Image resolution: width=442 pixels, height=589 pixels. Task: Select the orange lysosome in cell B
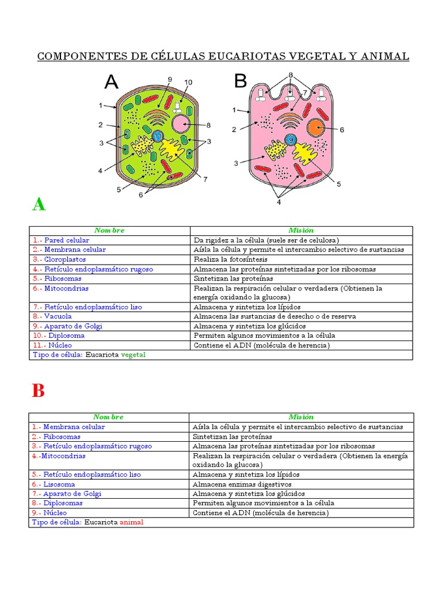316,128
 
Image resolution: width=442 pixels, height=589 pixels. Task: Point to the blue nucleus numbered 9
291,140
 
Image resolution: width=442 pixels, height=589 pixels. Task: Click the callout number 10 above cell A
188,82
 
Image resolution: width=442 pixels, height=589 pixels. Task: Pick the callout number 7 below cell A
205,179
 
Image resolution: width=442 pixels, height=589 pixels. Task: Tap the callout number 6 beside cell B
341,130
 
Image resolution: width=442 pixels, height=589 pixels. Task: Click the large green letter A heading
39,204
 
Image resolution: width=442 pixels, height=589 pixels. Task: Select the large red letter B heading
38,391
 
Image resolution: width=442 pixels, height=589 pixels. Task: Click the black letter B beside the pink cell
240,82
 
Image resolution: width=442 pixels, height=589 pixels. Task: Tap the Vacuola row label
60,316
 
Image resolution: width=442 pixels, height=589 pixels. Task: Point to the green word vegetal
133,355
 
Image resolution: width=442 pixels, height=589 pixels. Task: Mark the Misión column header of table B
301,417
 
